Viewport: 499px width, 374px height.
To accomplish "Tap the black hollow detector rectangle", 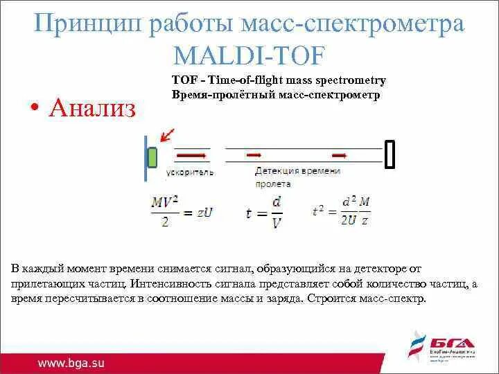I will pyautogui.click(x=389, y=154).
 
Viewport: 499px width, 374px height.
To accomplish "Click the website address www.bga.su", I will pyautogui.click(x=71, y=362).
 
